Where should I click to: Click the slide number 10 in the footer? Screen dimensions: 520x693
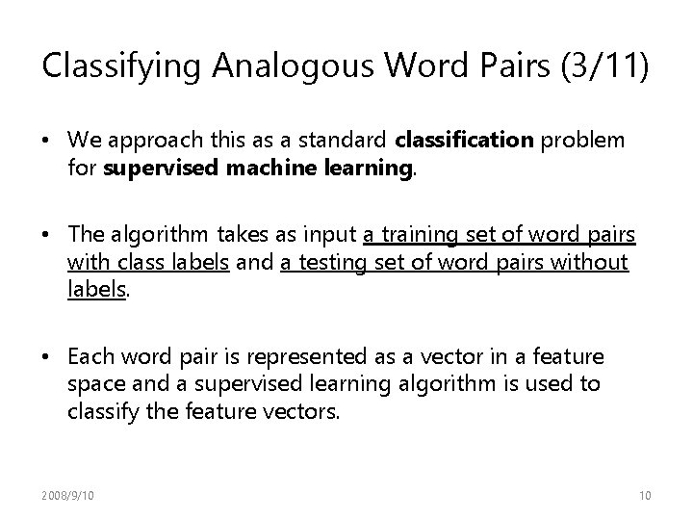click(x=645, y=494)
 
